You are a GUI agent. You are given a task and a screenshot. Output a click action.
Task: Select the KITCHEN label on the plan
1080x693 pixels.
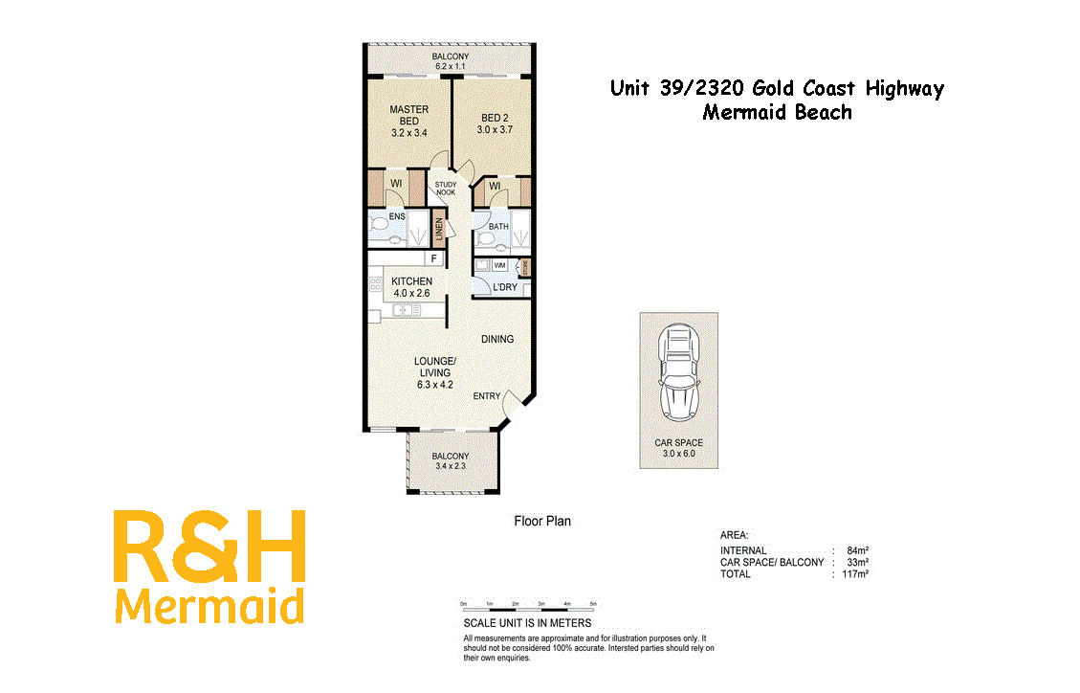[411, 281]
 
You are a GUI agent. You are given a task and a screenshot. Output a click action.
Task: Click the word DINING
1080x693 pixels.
[497, 339]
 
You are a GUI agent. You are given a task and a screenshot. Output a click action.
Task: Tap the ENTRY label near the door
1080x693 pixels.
[486, 396]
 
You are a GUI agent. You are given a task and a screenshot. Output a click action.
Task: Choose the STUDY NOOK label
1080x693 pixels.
[446, 189]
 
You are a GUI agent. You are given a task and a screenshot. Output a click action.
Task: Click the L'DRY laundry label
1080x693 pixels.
[505, 287]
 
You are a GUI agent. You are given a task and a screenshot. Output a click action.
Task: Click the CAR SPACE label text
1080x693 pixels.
[678, 443]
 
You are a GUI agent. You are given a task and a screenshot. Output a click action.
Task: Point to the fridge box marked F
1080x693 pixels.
[433, 258]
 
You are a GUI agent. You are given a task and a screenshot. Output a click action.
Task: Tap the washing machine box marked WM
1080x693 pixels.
[499, 265]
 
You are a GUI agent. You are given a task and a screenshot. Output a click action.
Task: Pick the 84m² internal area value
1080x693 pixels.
[857, 550]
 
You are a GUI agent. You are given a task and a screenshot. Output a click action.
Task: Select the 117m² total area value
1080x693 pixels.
[855, 574]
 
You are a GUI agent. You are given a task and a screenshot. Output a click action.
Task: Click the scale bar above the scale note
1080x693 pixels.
[529, 604]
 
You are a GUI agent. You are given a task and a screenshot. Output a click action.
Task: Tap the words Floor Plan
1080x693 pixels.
[542, 522]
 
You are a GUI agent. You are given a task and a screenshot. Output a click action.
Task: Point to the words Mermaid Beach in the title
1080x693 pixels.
[777, 112]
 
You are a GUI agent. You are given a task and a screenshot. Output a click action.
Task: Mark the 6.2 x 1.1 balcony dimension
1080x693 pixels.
[450, 67]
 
